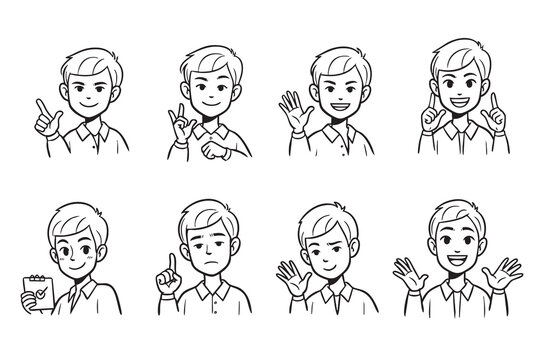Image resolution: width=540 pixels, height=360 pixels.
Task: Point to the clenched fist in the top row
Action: (217, 152)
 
